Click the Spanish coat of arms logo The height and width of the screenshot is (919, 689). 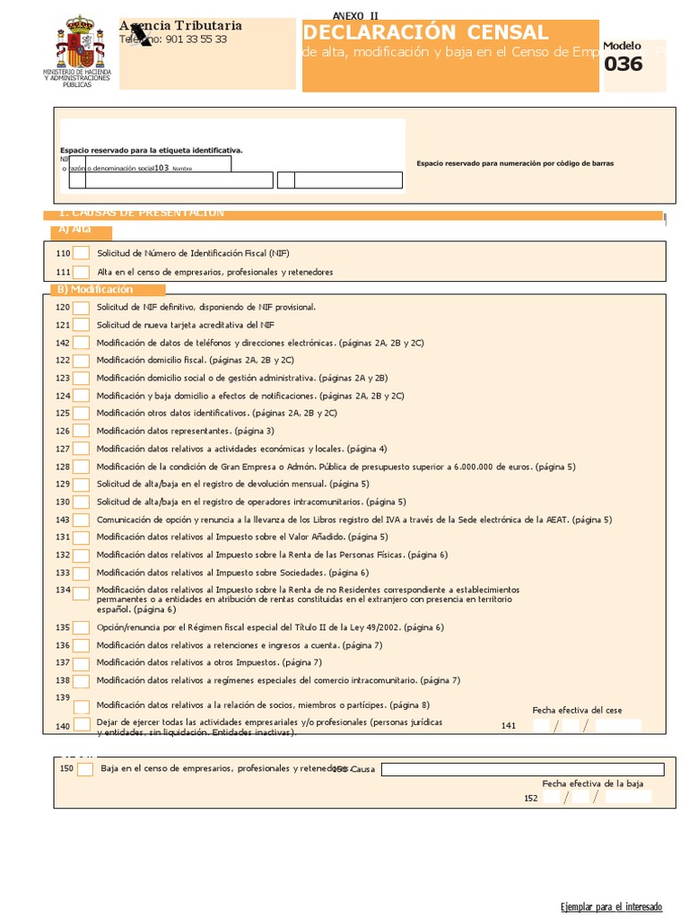[78, 42]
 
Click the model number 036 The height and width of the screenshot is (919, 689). [623, 65]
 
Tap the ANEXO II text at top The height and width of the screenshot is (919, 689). [355, 16]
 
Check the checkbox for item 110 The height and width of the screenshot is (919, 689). [82, 254]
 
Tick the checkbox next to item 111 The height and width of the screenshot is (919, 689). [82, 272]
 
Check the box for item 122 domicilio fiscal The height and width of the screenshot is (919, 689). [82, 360]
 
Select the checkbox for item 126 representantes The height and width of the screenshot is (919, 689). [82, 431]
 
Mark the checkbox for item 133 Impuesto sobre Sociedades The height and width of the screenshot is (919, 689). [82, 573]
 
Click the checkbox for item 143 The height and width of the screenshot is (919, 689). [82, 520]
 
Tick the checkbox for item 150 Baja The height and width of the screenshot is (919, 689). [85, 769]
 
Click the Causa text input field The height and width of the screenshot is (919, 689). [522, 769]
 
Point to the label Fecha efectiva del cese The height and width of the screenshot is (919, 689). [577, 710]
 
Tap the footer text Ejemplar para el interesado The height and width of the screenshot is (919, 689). [611, 906]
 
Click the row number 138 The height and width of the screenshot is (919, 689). [62, 680]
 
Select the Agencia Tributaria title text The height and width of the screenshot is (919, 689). [180, 26]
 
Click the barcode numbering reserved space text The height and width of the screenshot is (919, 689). [515, 164]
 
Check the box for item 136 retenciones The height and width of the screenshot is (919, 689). [82, 645]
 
